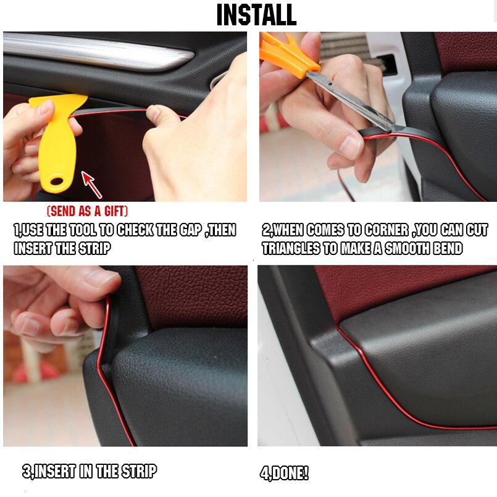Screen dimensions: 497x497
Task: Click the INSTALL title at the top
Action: (256, 15)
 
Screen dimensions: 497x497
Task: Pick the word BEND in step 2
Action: (446, 249)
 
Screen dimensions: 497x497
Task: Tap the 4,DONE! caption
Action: (283, 474)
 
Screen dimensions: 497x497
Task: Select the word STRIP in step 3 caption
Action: (139, 472)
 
